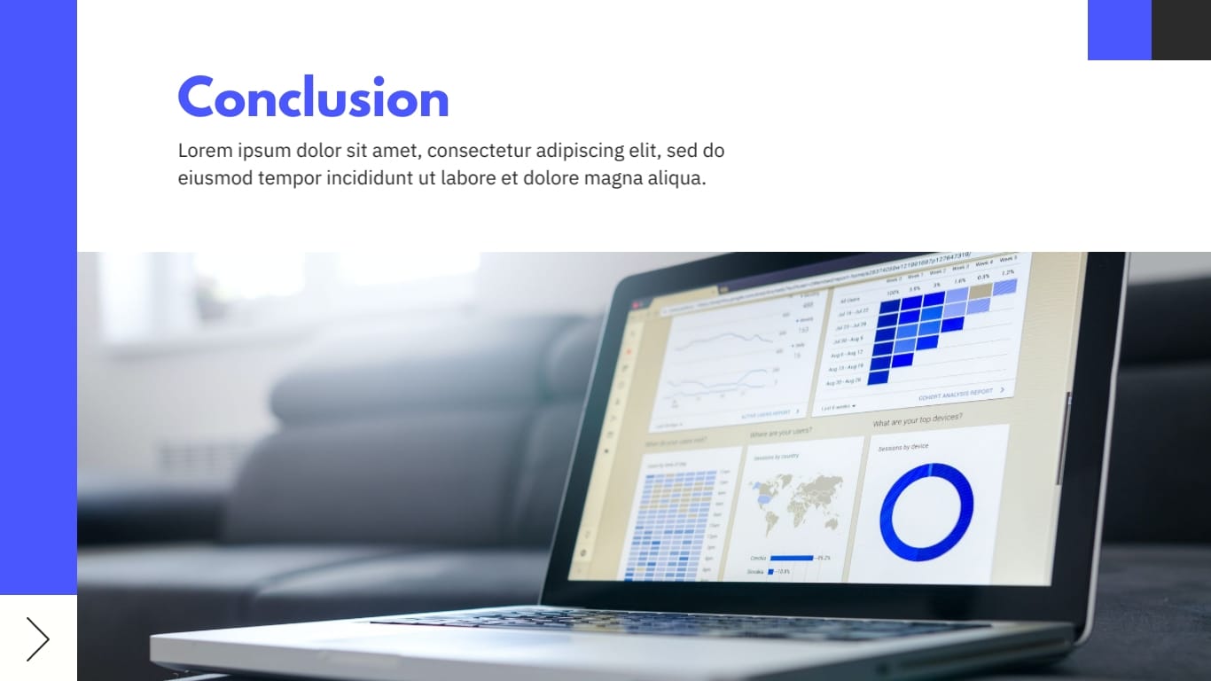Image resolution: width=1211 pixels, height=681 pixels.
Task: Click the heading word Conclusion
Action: (x=313, y=98)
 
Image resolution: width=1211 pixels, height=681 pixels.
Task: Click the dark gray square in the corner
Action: (x=1181, y=30)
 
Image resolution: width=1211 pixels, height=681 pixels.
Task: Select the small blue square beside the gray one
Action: (x=1119, y=30)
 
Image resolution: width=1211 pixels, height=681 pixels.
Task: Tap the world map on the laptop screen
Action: (x=796, y=500)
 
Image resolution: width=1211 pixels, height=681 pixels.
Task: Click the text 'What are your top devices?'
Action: (x=917, y=419)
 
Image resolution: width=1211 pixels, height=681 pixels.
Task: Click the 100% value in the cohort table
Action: (x=892, y=292)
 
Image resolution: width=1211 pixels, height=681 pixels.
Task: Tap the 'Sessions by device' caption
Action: (x=902, y=447)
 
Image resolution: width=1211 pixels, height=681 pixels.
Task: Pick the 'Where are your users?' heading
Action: (x=780, y=433)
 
